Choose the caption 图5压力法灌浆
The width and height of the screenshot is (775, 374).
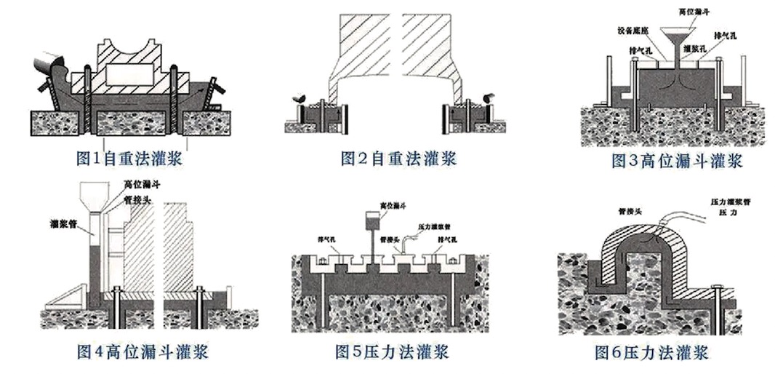pyautogui.click(x=392, y=353)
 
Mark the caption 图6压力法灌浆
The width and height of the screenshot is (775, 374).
pyautogui.click(x=651, y=354)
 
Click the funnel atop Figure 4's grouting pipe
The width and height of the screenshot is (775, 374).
pyautogui.click(x=93, y=196)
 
